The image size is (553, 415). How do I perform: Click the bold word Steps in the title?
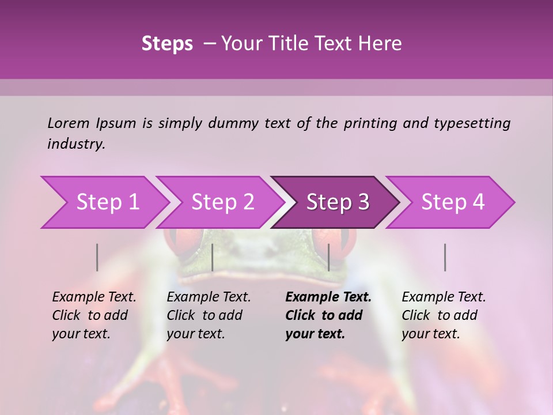167,44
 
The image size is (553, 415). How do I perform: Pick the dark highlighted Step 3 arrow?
336,202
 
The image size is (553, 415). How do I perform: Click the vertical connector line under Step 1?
97,257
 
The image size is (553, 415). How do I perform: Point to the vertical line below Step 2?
213,257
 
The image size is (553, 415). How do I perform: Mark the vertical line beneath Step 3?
328,257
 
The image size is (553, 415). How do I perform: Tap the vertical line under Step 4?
445,257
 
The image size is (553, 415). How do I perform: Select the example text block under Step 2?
208,315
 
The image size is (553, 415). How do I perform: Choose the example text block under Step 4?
443,315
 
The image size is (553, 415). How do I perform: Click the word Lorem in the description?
68,123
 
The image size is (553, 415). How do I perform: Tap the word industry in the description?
75,144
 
